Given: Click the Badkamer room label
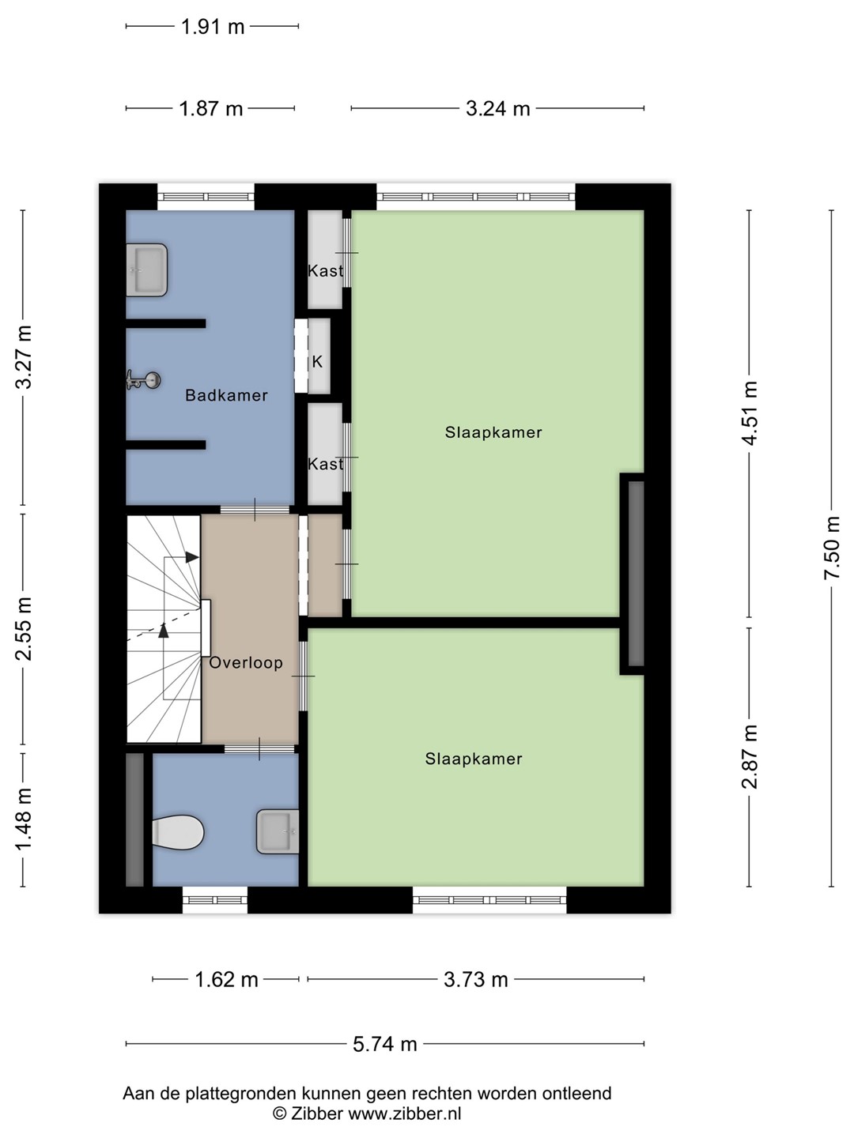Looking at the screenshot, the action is pos(227,396).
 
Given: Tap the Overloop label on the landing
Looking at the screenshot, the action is pos(246,662).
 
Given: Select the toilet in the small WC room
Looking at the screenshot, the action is pos(178,832).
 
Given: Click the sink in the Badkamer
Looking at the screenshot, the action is pos(147,270).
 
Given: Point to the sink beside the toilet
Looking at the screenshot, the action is pos(278,831).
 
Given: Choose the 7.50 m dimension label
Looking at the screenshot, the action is pos(832,548).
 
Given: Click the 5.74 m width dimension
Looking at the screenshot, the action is pos(385,1044).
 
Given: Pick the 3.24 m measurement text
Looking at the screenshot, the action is pos(498,109).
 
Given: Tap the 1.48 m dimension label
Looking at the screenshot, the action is pos(24,820).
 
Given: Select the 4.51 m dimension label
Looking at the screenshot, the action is pos(750,413).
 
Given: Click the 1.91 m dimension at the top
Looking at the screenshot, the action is pos(213,26).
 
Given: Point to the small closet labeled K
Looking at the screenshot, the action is pos(317,361).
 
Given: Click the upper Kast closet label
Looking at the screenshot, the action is pos(326,270).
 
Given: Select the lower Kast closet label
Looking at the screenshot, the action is pos(326,464).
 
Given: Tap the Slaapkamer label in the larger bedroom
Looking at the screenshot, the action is pos(493,432).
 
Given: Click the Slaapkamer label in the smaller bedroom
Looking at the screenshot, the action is pos(474,759).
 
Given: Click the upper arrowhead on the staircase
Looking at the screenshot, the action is pos(192,557).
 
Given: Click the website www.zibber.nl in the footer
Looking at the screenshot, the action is pos(404,1114).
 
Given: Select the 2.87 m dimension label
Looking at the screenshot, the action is pos(750,757).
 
